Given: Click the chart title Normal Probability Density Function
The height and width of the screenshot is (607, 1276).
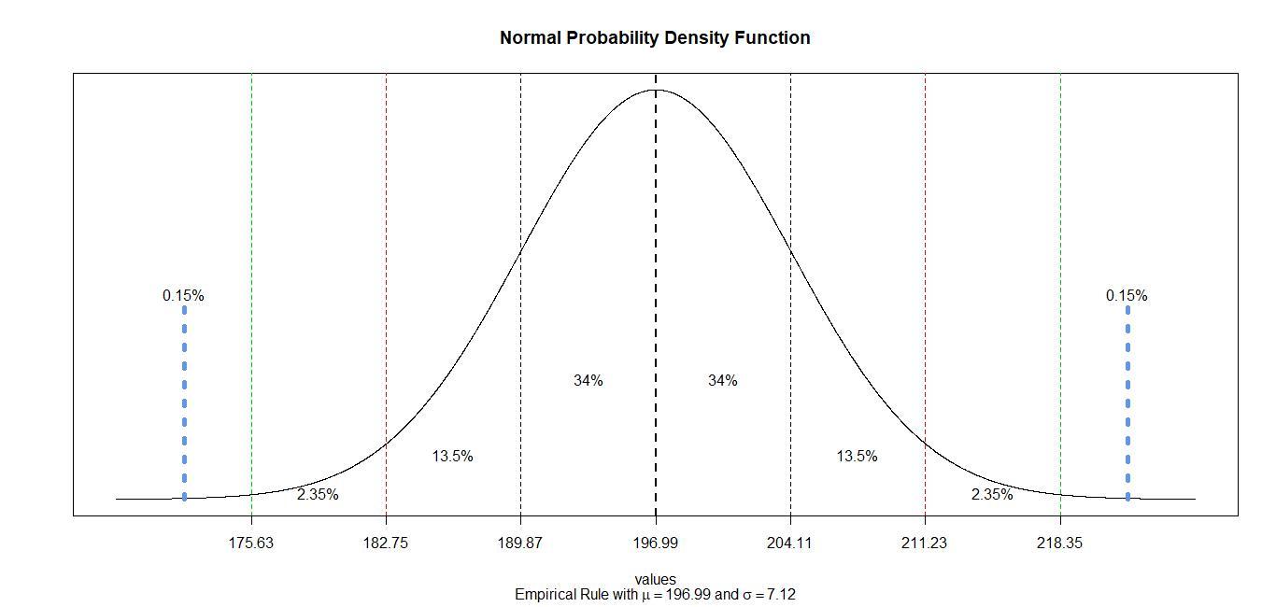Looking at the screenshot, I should [x=655, y=38].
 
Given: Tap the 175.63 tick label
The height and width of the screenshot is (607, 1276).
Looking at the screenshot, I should [x=251, y=543].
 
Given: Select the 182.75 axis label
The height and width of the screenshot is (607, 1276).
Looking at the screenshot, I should [x=386, y=543].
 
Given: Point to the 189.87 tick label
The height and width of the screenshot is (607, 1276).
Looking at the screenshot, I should [x=520, y=543].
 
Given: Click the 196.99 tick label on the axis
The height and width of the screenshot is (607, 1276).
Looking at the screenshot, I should [x=656, y=543].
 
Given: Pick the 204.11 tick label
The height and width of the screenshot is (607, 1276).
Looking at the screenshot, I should [x=790, y=543].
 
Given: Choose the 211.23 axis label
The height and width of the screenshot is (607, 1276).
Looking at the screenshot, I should [x=925, y=543].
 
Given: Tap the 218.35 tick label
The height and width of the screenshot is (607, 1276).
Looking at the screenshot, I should [x=1060, y=543].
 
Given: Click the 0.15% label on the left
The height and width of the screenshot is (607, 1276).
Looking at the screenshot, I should [x=183, y=296].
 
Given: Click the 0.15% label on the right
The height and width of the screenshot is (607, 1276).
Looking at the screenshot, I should [x=1127, y=296].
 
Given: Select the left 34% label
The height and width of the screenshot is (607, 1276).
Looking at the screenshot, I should [x=588, y=381].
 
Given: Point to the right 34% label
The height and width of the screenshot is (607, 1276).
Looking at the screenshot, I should [x=723, y=381].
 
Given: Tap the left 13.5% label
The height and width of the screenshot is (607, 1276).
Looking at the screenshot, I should [x=452, y=457].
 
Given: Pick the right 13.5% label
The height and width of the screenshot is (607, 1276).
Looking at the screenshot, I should [x=857, y=457].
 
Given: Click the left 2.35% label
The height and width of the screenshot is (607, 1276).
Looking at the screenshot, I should [x=318, y=495].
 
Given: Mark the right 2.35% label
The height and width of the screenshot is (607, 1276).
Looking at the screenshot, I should [x=992, y=495].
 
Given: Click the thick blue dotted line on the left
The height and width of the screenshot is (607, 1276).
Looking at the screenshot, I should [x=184, y=402].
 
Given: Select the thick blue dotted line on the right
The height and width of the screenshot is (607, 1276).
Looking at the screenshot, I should [x=1127, y=402].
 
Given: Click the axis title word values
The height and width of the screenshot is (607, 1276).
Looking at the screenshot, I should [x=655, y=579].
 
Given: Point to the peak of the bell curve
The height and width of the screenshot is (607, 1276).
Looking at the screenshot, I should [x=656, y=90].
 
